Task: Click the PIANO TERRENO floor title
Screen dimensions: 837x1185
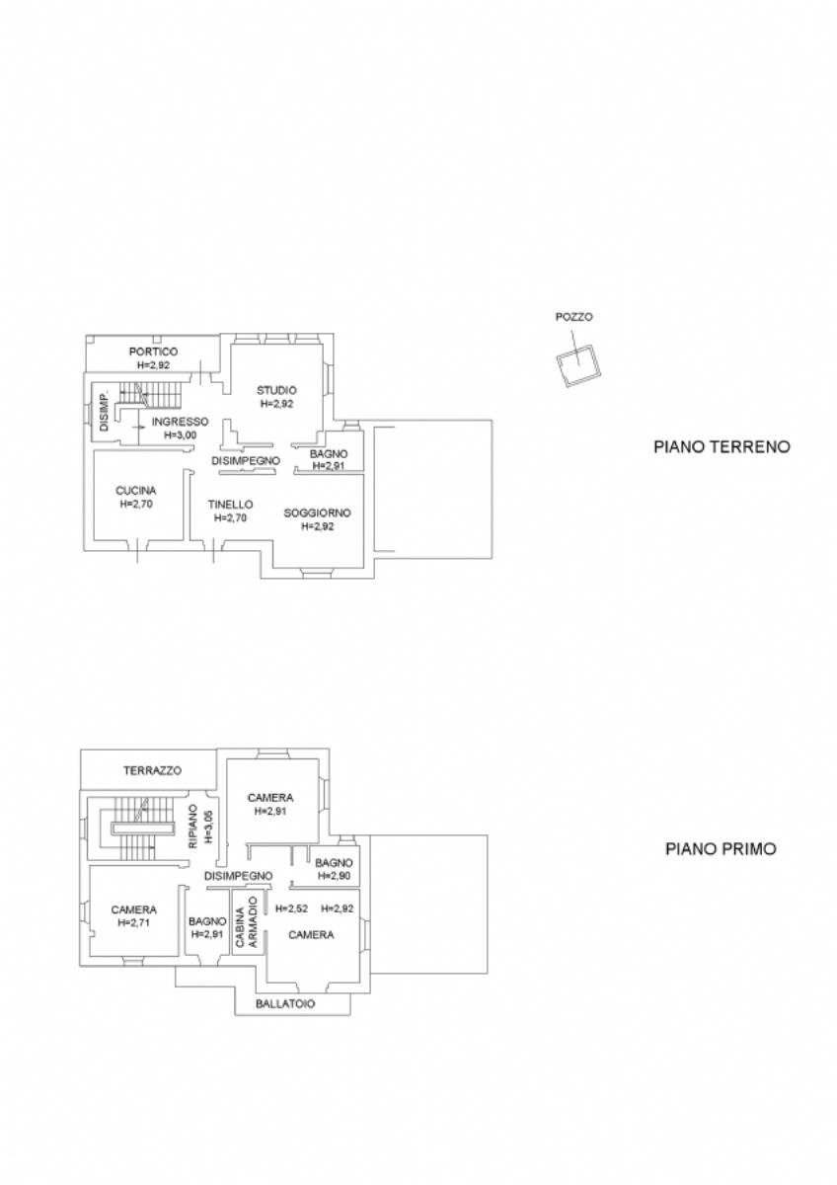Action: click(722, 446)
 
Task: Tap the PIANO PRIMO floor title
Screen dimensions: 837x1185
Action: click(721, 848)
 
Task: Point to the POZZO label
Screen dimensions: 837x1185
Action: click(573, 317)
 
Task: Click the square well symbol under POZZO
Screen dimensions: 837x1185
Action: click(579, 365)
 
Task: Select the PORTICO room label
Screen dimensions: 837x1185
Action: click(153, 352)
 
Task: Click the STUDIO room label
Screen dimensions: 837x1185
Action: click(276, 390)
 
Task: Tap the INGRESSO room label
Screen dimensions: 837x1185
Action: click(181, 422)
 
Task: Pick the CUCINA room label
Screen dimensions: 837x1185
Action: click(136, 491)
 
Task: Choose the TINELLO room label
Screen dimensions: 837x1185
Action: click(230, 505)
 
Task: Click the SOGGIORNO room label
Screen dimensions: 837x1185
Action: click(317, 513)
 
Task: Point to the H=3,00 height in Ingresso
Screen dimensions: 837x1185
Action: click(181, 435)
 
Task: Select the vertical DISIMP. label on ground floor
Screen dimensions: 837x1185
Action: click(105, 412)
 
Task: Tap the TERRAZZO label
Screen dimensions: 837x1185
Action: click(152, 771)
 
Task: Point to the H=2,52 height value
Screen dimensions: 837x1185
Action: click(292, 908)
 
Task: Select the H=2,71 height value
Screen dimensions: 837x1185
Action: click(134, 922)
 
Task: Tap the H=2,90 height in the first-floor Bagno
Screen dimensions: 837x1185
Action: click(334, 876)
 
